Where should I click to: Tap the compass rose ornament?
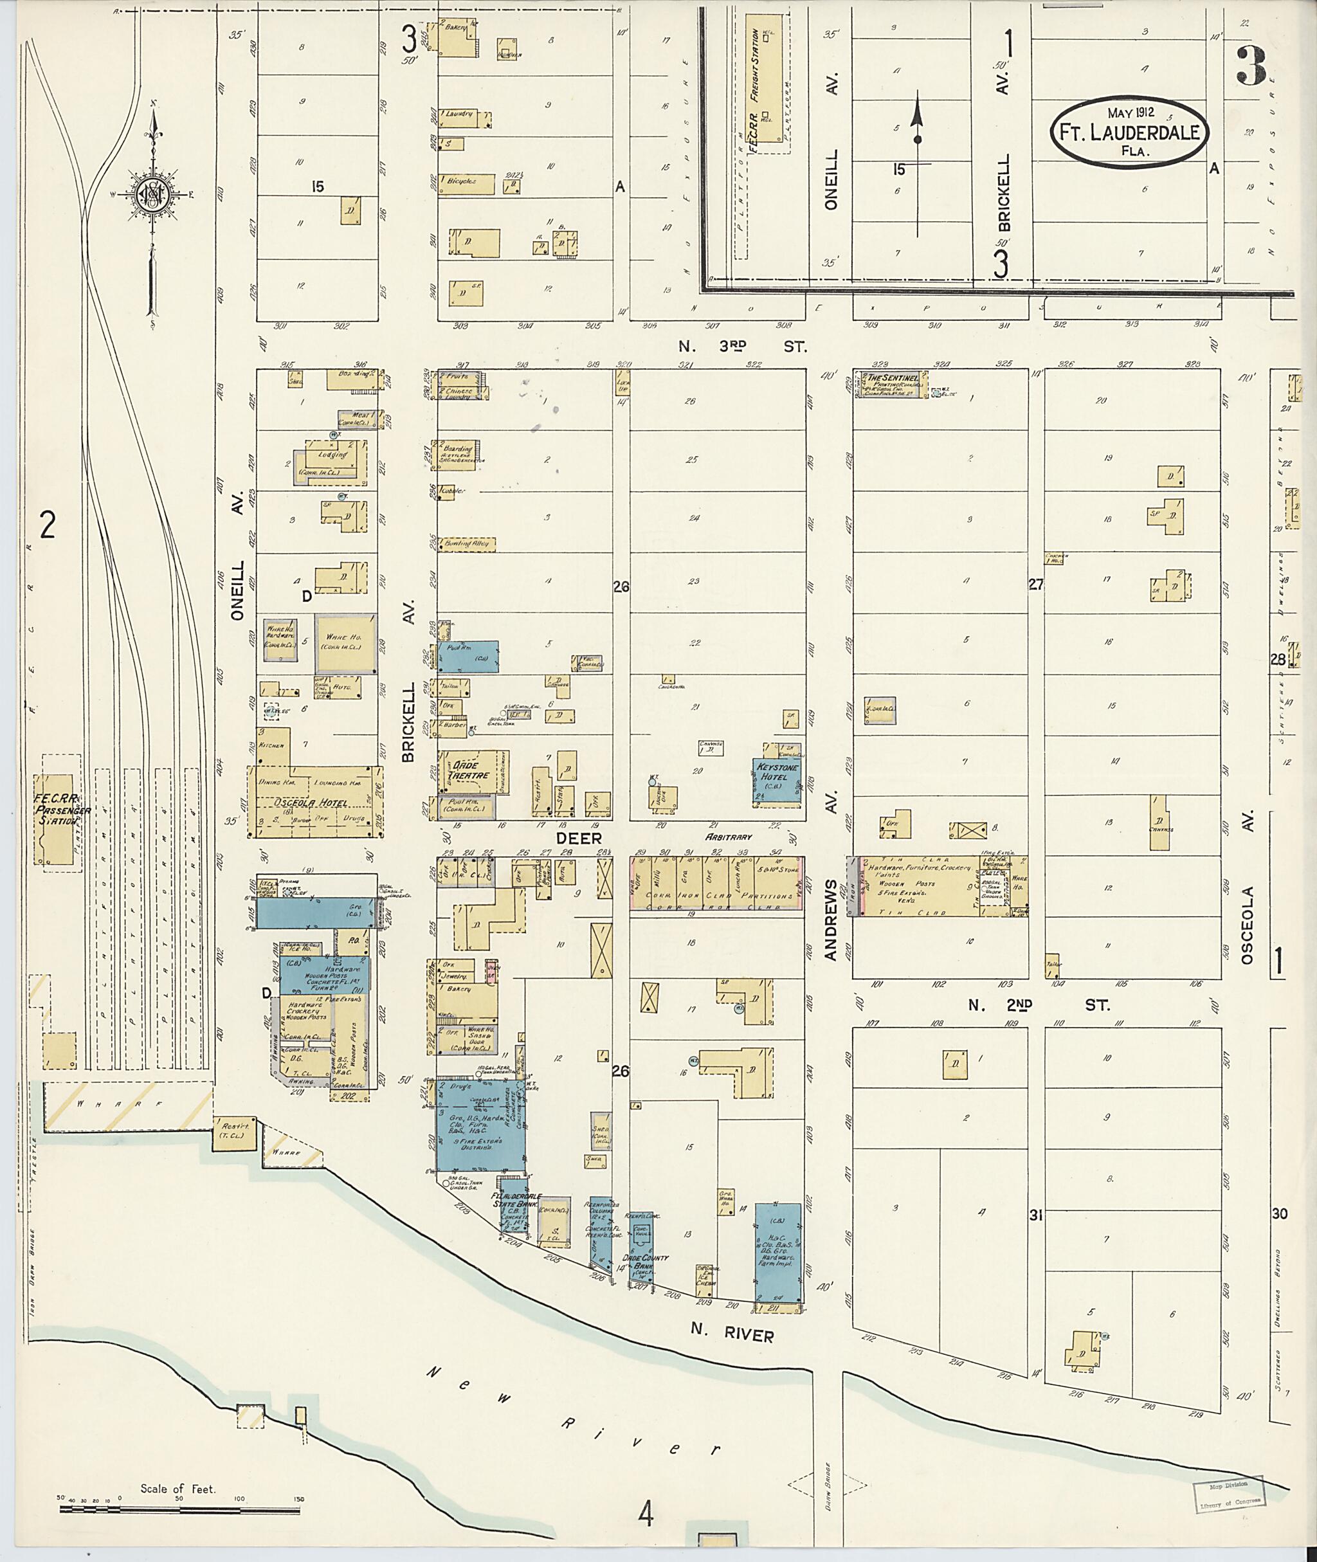[x=154, y=195]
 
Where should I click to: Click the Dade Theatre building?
[x=469, y=771]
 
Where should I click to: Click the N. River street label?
[x=732, y=1335]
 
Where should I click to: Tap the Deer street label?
[x=579, y=839]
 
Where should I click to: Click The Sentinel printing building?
[x=891, y=384]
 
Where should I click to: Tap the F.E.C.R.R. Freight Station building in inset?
[x=768, y=84]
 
